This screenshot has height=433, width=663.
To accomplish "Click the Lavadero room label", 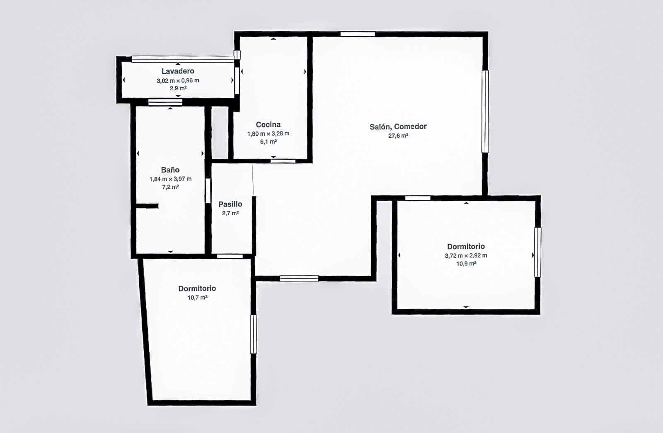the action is coord(178,71).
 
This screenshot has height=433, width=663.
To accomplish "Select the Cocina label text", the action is coord(268,125).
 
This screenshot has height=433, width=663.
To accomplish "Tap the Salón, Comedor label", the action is coord(398,127).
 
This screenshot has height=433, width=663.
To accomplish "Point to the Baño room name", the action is coord(170,170).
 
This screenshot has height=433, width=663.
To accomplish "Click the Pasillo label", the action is coord(230,204).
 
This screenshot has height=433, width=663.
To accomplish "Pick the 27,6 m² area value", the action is coord(398,136).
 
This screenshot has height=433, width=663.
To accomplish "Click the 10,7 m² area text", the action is coord(197,298).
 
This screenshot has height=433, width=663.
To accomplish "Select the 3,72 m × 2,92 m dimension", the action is coord(466,255).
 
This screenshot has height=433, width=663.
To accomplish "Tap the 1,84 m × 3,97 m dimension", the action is coord(170,179).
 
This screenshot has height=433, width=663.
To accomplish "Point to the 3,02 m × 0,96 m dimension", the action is coord(178,80).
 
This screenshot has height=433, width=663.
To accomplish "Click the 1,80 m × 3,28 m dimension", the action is coord(268,134).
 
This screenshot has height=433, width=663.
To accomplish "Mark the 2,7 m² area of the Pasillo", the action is coord(230,213).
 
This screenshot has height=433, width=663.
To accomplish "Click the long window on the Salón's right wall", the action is coord(485,111).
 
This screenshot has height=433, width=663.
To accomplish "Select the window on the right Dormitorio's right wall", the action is coord(538,252).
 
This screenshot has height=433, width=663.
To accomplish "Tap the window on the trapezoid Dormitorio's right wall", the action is coord(253,334).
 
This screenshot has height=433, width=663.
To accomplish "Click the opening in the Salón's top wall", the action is coord(358,34).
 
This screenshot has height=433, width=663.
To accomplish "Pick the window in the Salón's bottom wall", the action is coord(299,278).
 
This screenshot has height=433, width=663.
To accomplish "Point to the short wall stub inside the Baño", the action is coord(147,206).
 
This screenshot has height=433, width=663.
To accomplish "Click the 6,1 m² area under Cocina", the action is coord(268,142).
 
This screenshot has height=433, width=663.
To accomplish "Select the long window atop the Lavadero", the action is coord(183,59).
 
